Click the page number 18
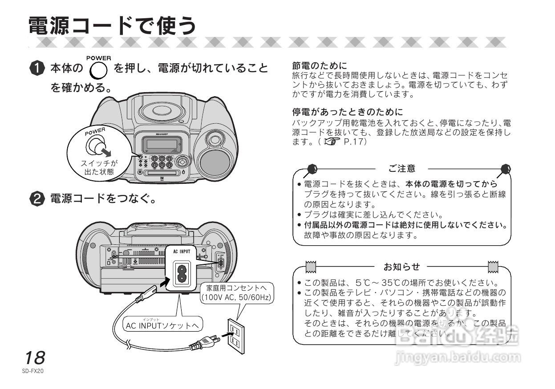(34, 357)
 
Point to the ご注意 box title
(401, 169)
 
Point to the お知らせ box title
(401, 267)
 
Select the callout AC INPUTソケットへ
(162, 326)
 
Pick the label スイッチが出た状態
(99, 168)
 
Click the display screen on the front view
(160, 144)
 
